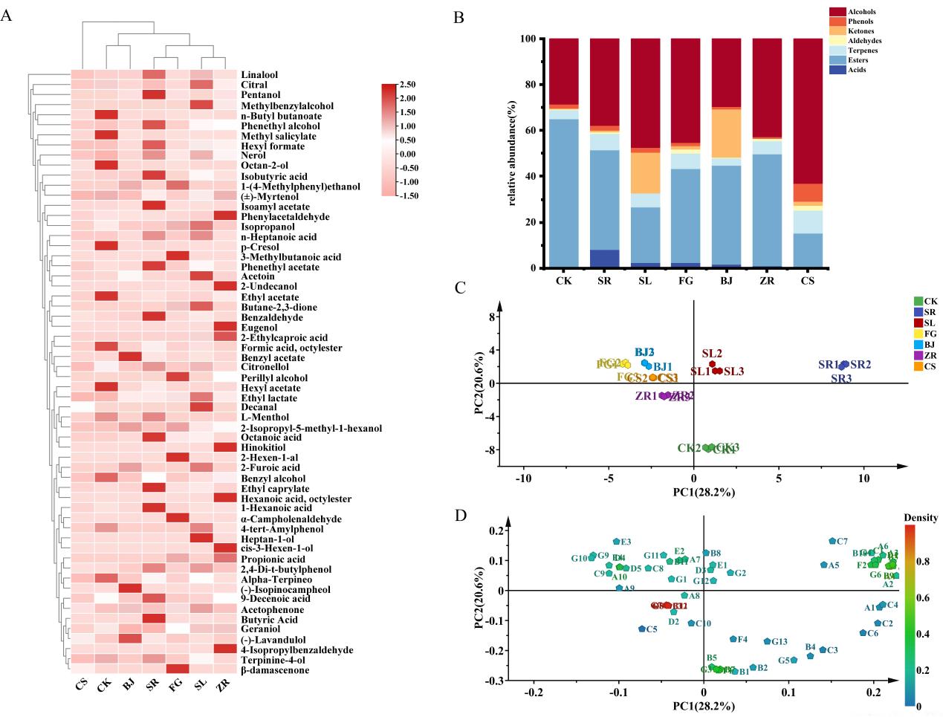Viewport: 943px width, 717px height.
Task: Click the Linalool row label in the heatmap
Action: tap(259, 75)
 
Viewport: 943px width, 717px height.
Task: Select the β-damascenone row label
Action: tap(274, 670)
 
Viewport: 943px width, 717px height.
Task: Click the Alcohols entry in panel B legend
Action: tap(862, 12)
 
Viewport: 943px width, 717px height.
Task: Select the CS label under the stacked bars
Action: tap(807, 282)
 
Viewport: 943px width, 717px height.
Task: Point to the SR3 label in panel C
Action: tap(841, 378)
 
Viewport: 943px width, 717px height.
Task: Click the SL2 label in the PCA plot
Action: tap(712, 354)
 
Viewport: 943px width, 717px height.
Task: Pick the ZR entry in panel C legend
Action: tap(930, 355)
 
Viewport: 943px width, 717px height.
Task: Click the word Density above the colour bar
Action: tap(920, 518)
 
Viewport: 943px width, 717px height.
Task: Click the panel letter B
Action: tap(458, 16)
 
